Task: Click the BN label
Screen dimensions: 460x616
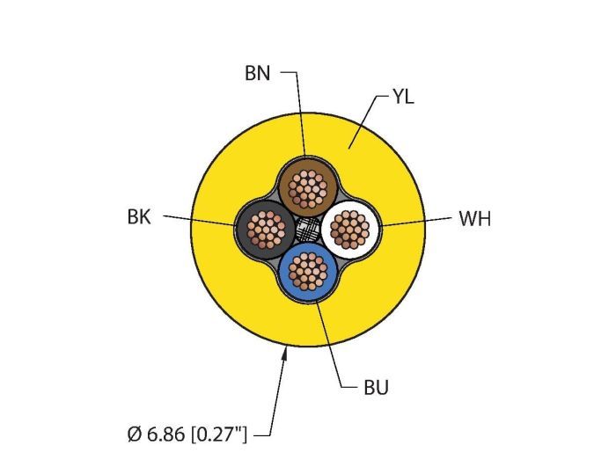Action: (x=257, y=74)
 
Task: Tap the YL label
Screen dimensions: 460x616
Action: (x=403, y=97)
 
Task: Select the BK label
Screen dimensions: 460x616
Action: (x=139, y=217)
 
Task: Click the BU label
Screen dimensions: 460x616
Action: (x=375, y=387)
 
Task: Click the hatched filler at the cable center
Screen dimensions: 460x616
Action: (x=307, y=230)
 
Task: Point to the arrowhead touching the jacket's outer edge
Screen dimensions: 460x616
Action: (x=285, y=353)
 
